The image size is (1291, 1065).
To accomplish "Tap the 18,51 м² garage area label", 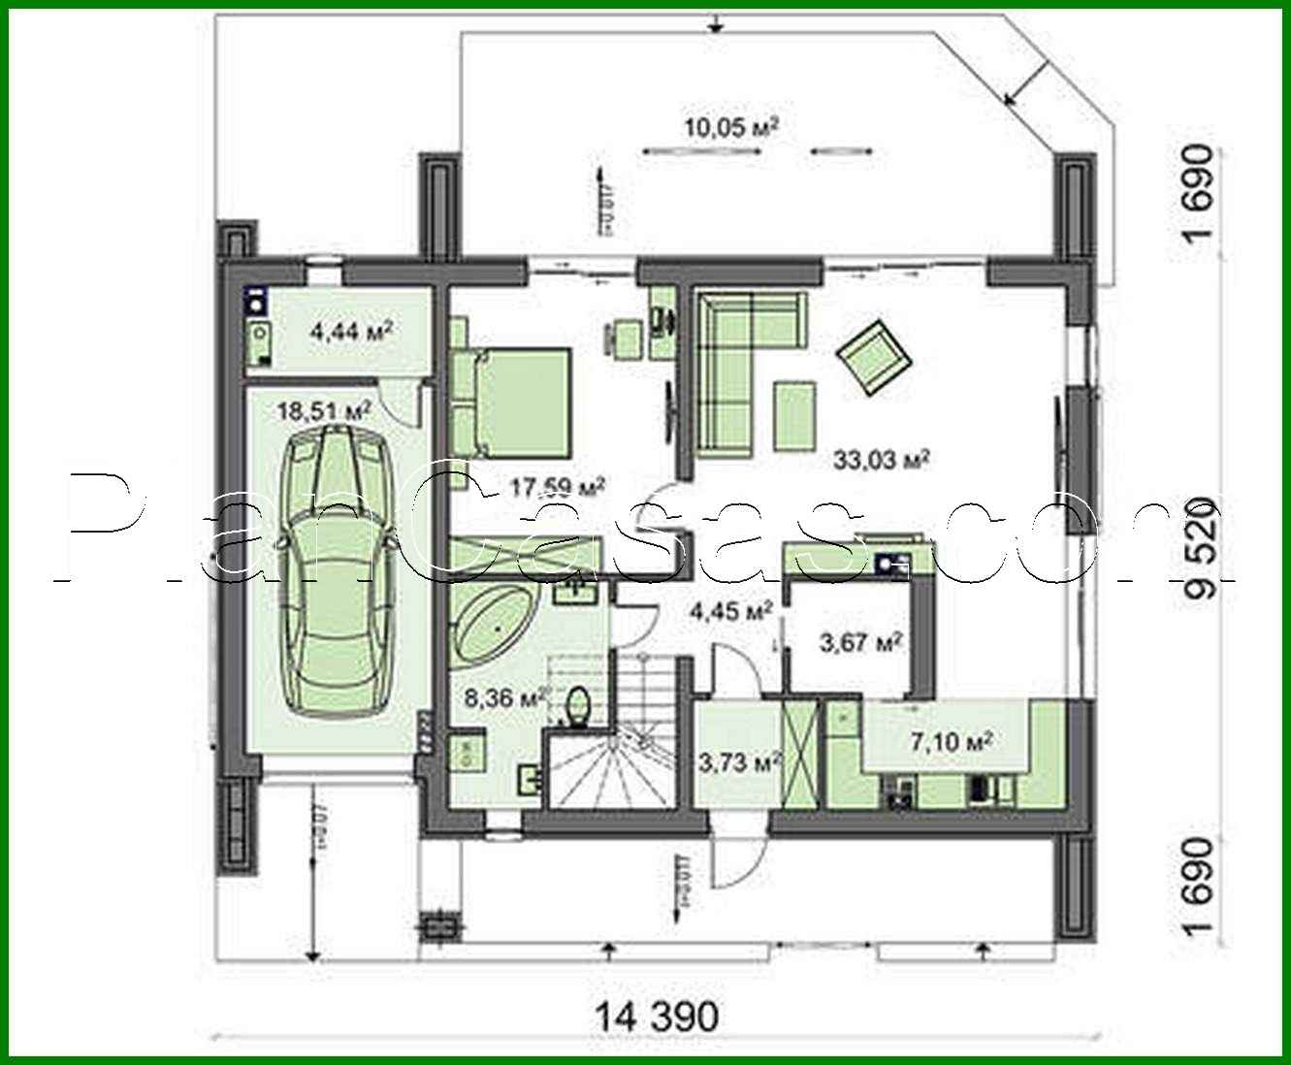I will (x=325, y=411).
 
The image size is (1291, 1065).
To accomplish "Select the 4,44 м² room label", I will (x=350, y=332).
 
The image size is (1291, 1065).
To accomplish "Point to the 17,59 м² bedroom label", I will (x=557, y=486).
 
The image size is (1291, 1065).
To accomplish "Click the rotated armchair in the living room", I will (x=875, y=356).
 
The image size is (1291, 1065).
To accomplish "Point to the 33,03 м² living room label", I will (x=882, y=459).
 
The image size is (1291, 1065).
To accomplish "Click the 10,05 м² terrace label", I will (x=732, y=127).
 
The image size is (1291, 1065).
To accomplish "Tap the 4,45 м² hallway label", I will (x=729, y=611).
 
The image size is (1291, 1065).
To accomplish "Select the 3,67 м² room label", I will (x=862, y=642).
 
